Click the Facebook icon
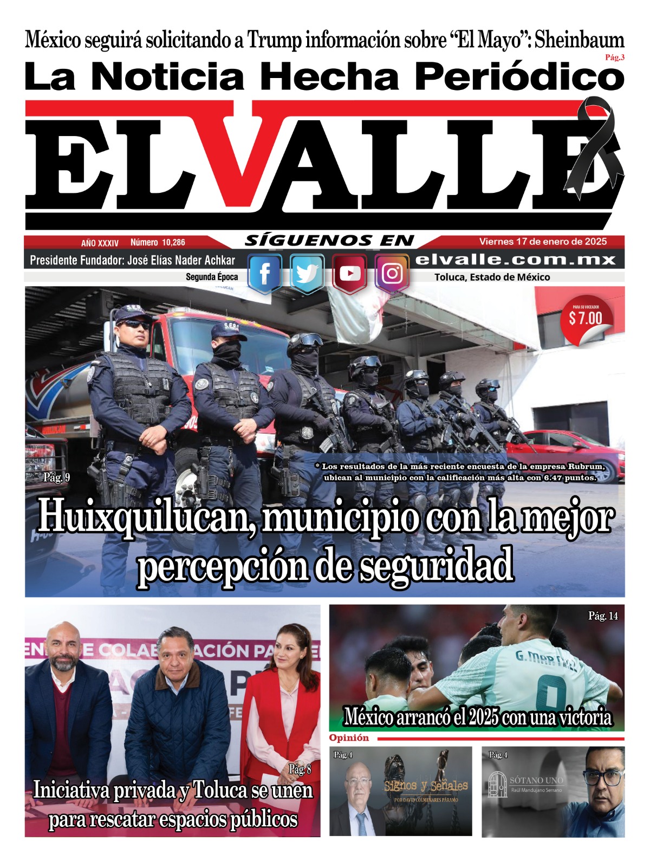coord(265,274)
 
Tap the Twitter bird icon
coord(307,274)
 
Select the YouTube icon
coord(349,274)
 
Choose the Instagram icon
coord(392,274)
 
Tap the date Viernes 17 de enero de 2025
coord(543,242)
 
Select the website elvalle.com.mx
coord(515,260)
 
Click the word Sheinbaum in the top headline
coord(579,40)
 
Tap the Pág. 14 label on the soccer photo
coord(603,616)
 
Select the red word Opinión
coord(349,738)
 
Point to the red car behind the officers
coord(574,452)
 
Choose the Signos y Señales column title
coord(426,786)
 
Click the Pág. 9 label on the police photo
coord(56,477)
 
